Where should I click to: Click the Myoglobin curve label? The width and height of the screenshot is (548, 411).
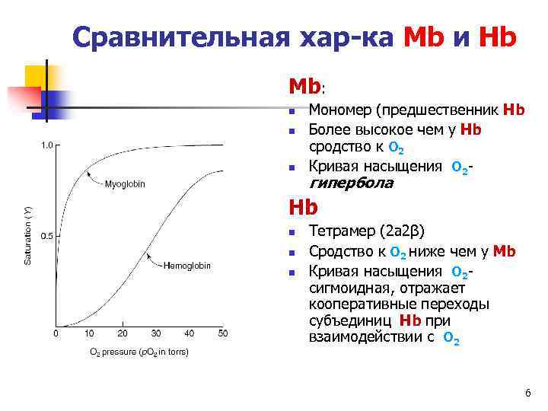click(125, 183)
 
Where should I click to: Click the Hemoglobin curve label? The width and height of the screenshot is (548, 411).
click(188, 265)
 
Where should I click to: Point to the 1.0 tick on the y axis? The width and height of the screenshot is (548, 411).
click(46, 145)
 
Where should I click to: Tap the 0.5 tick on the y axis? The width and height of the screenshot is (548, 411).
click(46, 236)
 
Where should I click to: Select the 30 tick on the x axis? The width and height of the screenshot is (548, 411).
click(156, 333)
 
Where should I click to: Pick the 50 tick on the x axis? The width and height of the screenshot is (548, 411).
click(222, 333)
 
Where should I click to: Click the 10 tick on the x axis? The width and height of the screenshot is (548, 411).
click(89, 333)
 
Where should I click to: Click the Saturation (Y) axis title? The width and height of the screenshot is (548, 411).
click(28, 236)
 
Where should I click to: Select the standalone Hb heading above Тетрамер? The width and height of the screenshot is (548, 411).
click(302, 207)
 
